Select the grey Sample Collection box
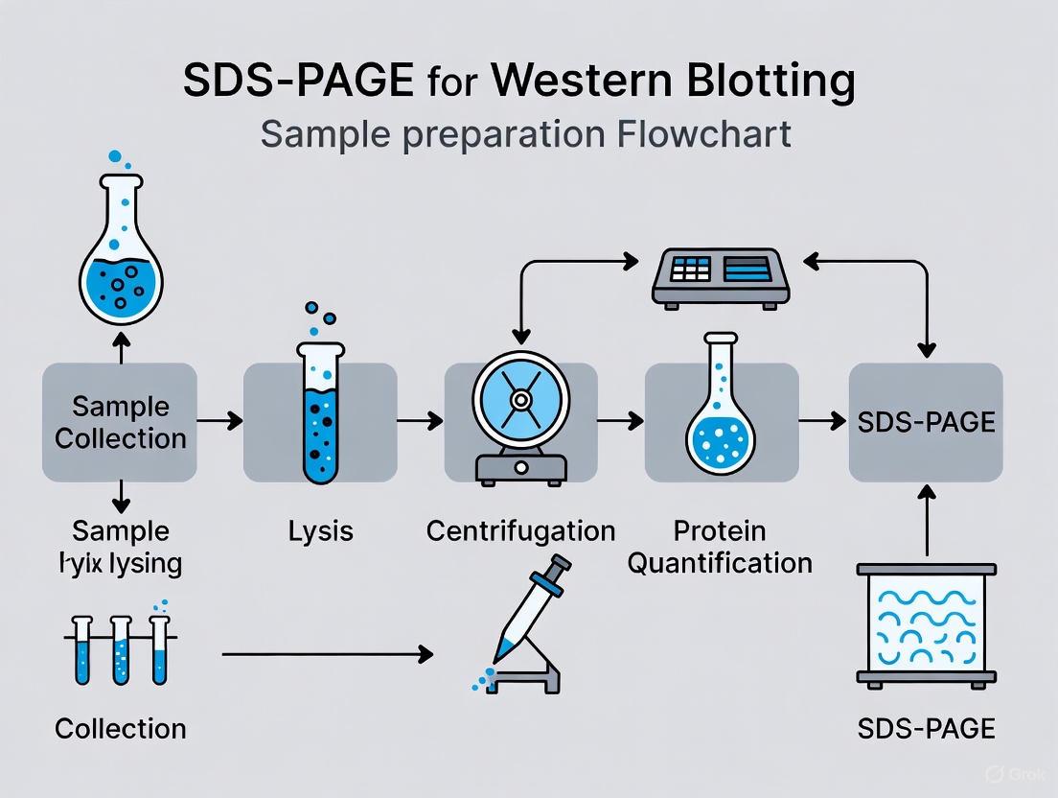(120, 422)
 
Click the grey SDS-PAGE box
(926, 422)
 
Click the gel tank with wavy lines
(926, 623)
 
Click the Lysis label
(320, 530)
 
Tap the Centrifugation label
(520, 530)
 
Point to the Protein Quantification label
(720, 546)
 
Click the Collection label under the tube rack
(120, 728)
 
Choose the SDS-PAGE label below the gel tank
(926, 728)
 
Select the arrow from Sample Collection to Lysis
(219, 420)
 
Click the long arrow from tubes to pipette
(326, 654)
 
